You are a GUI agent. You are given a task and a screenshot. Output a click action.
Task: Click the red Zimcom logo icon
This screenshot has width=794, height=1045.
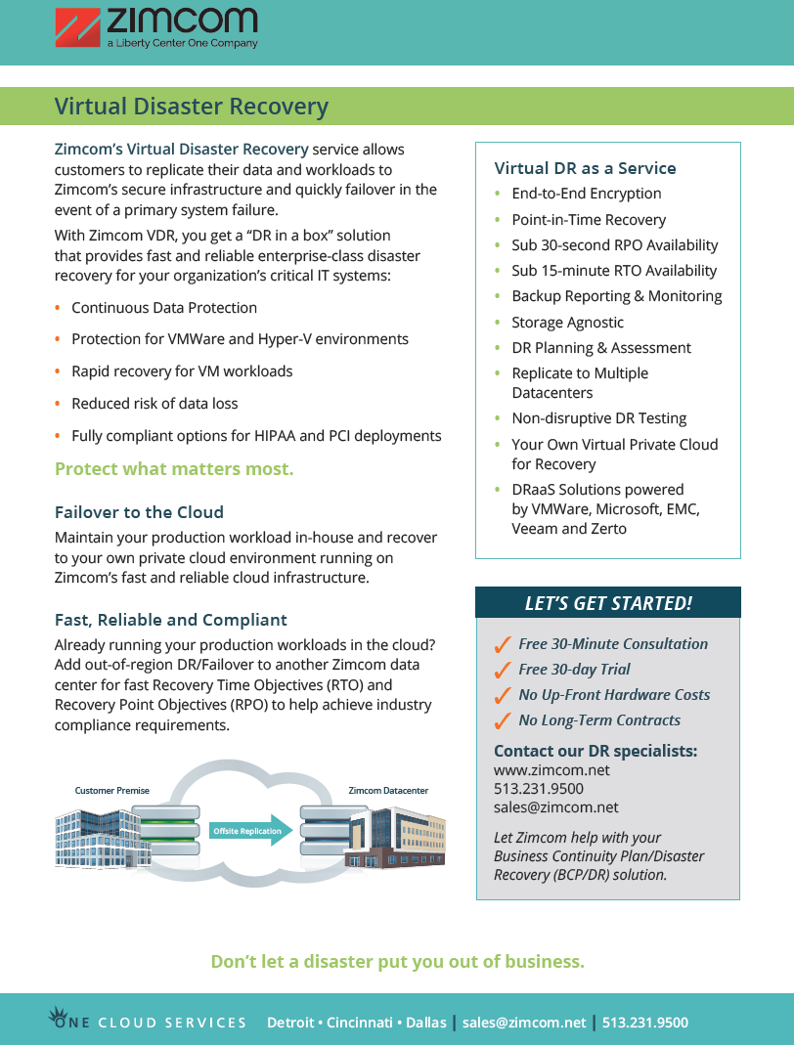77,26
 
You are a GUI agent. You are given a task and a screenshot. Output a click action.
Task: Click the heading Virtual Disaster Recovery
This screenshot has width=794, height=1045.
192,107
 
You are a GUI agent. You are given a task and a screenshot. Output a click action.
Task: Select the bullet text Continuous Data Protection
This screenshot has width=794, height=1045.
164,308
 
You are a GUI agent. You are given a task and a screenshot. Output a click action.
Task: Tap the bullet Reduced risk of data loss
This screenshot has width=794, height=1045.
154,403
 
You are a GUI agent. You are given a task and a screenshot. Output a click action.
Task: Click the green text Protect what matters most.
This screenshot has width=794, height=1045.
174,469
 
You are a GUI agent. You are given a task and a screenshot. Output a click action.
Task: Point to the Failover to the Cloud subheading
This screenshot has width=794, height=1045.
139,512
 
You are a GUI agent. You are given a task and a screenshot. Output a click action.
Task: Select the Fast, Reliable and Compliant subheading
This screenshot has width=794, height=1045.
171,620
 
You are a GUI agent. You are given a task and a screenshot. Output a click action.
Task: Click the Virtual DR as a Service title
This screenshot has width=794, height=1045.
585,168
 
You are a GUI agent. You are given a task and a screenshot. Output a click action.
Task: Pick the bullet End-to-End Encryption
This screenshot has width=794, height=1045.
587,194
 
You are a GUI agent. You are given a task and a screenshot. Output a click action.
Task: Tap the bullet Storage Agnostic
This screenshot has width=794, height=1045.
567,323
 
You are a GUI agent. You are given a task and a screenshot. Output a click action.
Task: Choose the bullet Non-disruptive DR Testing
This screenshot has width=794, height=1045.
599,418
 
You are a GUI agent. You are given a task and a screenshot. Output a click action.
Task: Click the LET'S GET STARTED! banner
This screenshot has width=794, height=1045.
608,603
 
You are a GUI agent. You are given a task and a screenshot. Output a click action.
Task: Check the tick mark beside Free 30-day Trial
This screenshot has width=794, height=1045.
503,670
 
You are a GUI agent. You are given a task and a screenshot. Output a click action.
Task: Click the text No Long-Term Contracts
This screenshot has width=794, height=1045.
599,720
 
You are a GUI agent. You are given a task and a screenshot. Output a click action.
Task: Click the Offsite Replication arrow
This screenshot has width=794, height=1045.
250,831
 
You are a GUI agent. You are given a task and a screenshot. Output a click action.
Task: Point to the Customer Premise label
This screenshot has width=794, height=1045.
111,791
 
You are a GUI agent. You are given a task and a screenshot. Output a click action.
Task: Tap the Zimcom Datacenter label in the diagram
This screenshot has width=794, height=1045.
388,791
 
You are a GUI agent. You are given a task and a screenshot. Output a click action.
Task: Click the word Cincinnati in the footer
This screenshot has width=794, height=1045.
360,1023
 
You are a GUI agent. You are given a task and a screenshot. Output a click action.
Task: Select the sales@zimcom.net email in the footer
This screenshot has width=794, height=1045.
524,1023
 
